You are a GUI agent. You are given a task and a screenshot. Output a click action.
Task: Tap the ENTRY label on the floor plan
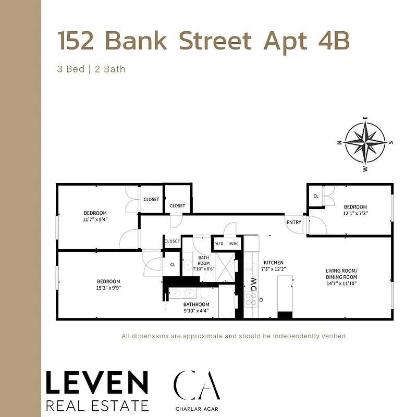[293, 223]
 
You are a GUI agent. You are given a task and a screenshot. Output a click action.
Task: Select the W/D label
[219, 243]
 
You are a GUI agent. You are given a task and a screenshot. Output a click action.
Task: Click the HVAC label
[233, 243]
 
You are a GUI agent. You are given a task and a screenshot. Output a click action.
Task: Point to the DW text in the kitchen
[254, 284]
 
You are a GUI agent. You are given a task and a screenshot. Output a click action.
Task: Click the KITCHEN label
[273, 263]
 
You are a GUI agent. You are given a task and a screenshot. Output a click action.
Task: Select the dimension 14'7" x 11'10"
[341, 284]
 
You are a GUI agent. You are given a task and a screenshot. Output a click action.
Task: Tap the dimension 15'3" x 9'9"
[109, 288]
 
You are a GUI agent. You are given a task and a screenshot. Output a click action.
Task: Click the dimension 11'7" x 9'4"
[95, 219]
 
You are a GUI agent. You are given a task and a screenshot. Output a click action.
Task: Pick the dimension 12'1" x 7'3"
[355, 213]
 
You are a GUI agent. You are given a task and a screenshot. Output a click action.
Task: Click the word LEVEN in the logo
[97, 384]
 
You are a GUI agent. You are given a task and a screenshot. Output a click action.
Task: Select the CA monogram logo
[197, 385]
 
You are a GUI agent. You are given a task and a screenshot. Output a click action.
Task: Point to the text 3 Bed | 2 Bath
[91, 69]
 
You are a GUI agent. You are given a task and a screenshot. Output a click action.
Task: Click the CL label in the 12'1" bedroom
[316, 196]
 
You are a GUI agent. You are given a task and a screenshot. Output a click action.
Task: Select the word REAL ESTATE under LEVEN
[97, 405]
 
